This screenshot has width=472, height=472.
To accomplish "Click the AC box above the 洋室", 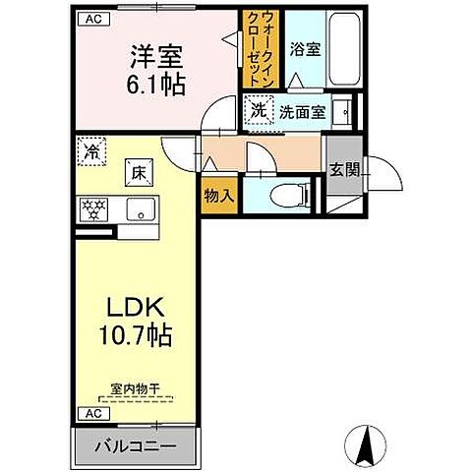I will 89,18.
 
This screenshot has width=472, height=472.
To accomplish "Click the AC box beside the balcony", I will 89,413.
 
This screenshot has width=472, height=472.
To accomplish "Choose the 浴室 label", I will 302,50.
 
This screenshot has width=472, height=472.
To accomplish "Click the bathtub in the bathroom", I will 345,51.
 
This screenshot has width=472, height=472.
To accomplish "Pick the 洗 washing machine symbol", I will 259,112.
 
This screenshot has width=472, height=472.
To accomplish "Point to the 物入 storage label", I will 218,195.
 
